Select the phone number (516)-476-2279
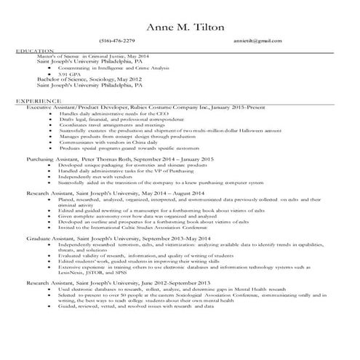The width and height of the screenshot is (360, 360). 119,41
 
